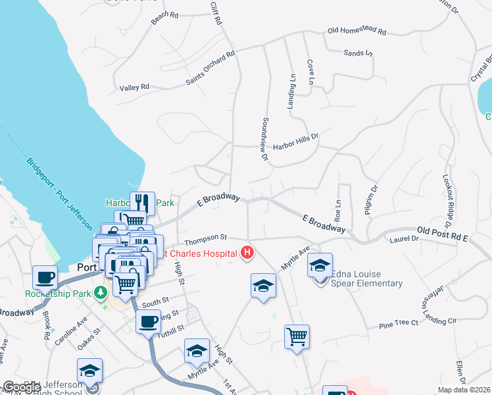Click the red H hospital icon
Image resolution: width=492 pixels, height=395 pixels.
click(x=247, y=252)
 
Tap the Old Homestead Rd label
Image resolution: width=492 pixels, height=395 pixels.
click(x=357, y=31)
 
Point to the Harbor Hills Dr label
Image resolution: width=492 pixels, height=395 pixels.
click(x=295, y=138)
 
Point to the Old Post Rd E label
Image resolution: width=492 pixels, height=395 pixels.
click(x=442, y=233)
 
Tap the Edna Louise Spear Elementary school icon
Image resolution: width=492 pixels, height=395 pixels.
click(x=320, y=265)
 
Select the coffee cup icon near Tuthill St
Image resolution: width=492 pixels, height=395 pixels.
click(x=148, y=322)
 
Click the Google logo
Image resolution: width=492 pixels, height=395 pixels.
click(x=22, y=387)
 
